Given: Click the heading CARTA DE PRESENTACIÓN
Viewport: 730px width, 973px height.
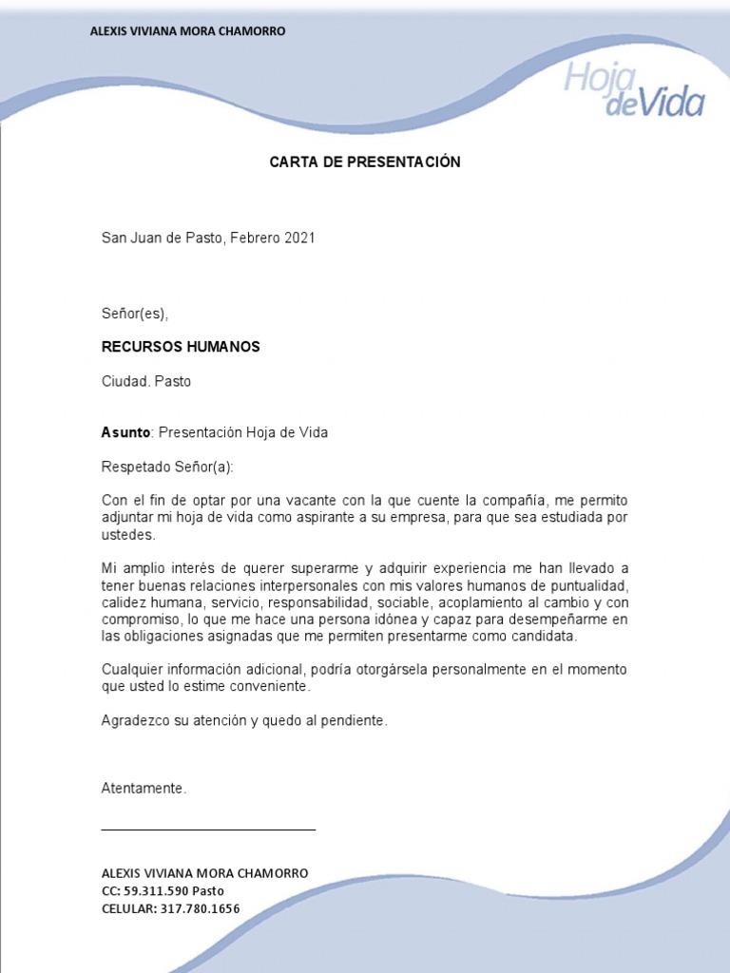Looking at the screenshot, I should tap(365, 162).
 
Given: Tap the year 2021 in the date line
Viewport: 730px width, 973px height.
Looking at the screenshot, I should tap(298, 238).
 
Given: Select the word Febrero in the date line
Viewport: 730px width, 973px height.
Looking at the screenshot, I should tap(255, 238).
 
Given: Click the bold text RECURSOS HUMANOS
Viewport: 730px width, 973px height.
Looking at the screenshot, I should tap(181, 347).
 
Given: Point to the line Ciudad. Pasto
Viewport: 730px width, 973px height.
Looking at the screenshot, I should tap(146, 381).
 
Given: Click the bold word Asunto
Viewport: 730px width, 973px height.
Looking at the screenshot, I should tap(125, 432).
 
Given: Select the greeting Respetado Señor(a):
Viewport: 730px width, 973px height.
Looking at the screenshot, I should tap(167, 467).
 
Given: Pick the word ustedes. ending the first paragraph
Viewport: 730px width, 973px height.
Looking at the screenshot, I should tap(127, 535).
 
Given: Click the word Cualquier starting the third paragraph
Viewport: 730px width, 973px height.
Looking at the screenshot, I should tap(131, 669).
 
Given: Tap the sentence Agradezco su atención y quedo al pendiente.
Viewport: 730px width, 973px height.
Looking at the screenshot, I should tap(245, 721).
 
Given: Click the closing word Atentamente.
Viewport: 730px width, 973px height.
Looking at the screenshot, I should tap(144, 789).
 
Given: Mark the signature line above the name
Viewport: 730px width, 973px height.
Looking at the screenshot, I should tap(208, 830).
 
